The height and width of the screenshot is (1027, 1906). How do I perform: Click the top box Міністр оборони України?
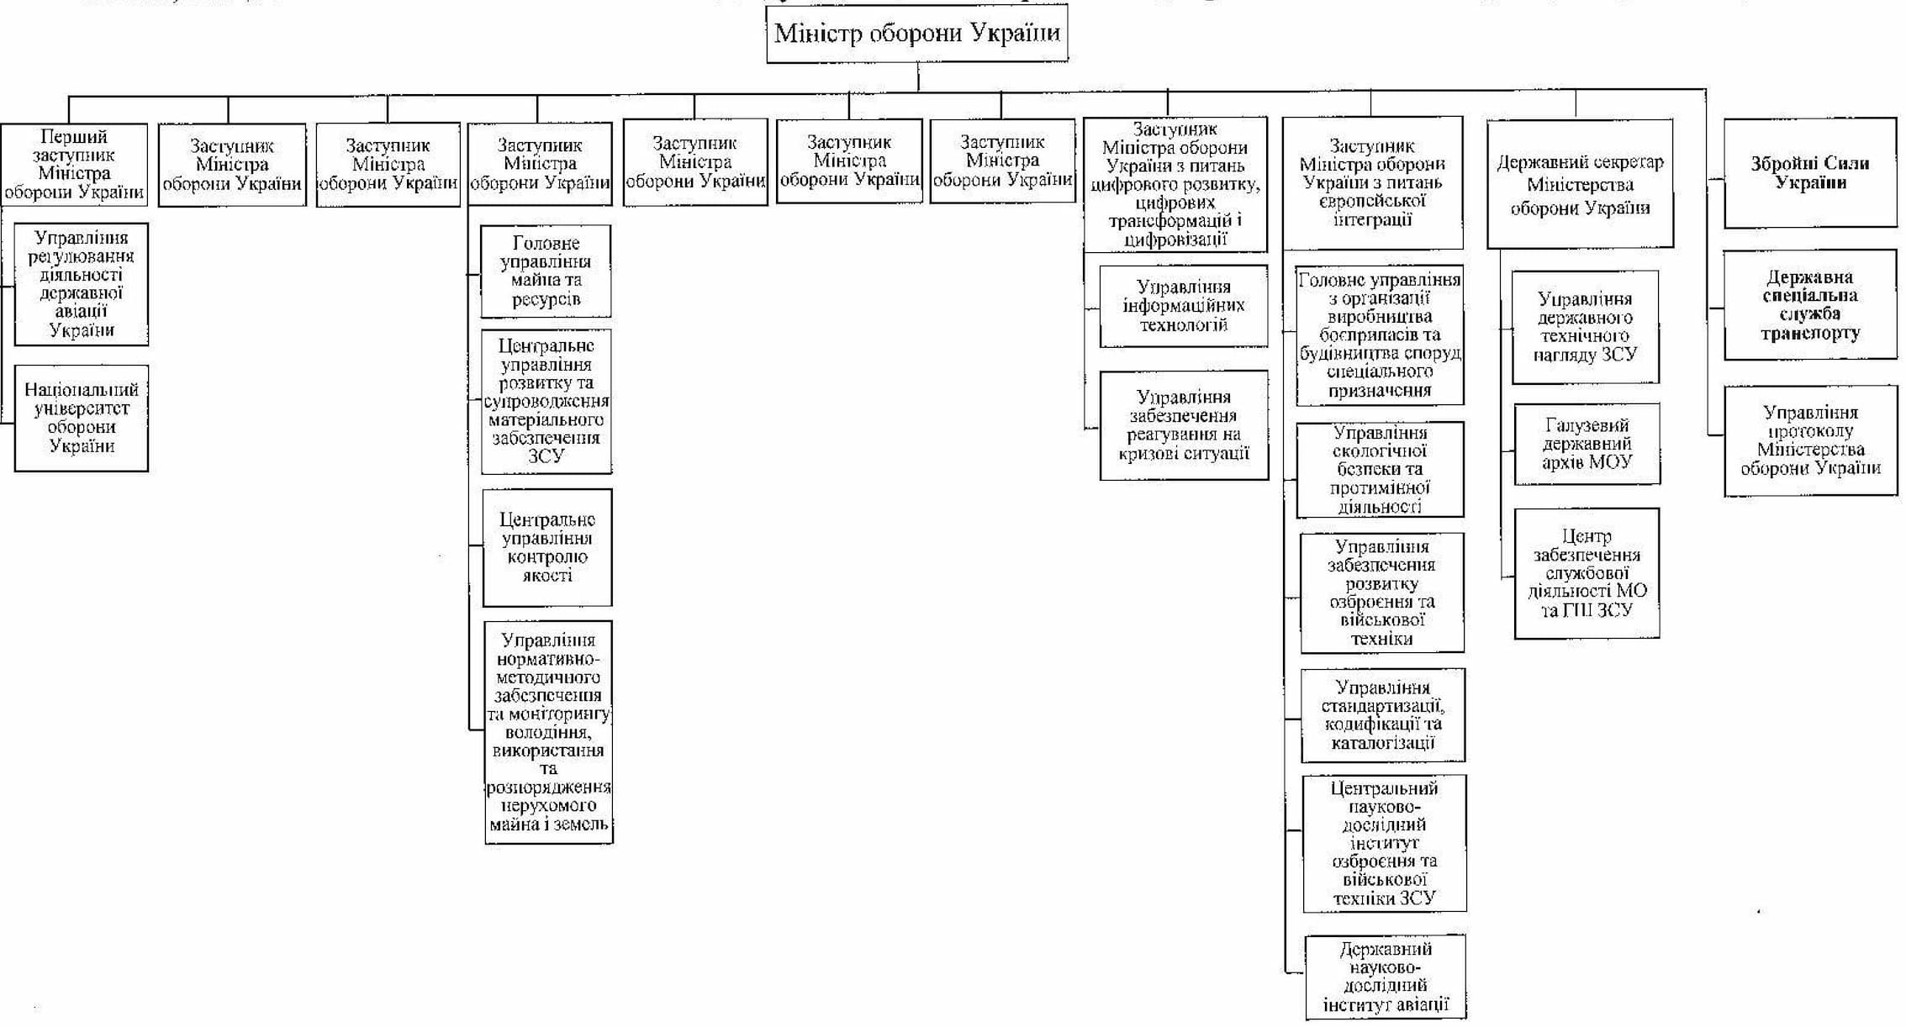tap(916, 34)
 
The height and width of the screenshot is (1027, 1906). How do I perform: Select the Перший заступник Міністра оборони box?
tap(74, 165)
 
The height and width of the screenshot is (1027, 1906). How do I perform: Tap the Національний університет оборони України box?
tap(81, 418)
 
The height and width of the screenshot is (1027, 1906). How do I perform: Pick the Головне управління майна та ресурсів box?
tap(546, 271)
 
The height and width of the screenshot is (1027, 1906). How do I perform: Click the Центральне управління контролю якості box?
tap(546, 547)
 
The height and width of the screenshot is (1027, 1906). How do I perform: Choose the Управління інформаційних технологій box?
tap(1183, 306)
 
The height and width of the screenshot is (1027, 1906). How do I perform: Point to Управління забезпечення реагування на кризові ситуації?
tap(1183, 425)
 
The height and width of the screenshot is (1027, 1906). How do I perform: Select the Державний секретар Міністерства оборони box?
tap(1580, 185)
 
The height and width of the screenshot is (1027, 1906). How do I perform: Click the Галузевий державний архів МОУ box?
tap(1587, 444)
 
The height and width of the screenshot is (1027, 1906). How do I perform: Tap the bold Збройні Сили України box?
tap(1810, 173)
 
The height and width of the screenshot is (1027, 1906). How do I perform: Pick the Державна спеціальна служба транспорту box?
tap(1810, 304)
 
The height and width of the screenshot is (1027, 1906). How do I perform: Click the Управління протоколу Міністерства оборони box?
tap(1810, 440)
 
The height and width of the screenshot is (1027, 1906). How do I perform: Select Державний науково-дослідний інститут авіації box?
tap(1385, 977)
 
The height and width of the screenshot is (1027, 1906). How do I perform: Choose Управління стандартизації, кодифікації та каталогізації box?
tap(1382, 715)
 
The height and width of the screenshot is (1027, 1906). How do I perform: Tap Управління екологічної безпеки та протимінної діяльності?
tap(1380, 470)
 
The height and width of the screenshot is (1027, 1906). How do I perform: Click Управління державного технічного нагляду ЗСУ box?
tap(1585, 326)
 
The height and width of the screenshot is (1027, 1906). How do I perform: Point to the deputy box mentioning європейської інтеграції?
tap(1372, 183)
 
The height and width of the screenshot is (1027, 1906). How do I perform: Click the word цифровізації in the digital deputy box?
tap(1175, 240)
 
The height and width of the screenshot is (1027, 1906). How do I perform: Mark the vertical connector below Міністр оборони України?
tap(917, 76)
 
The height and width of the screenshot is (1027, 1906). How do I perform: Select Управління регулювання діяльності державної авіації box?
tap(81, 284)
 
